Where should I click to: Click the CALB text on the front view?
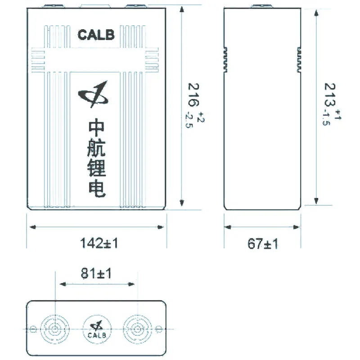coord(96,35)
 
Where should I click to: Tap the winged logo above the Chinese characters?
coord(94,94)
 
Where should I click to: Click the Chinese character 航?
coord(96,149)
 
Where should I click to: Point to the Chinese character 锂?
coord(96,169)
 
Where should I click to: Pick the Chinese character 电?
coord(96,189)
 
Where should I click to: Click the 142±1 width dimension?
coord(99,243)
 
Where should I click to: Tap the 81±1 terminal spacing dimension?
coord(96,273)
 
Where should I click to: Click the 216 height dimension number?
coord(193,95)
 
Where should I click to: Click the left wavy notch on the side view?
coord(227,58)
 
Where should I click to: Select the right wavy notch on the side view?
coord(298,58)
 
